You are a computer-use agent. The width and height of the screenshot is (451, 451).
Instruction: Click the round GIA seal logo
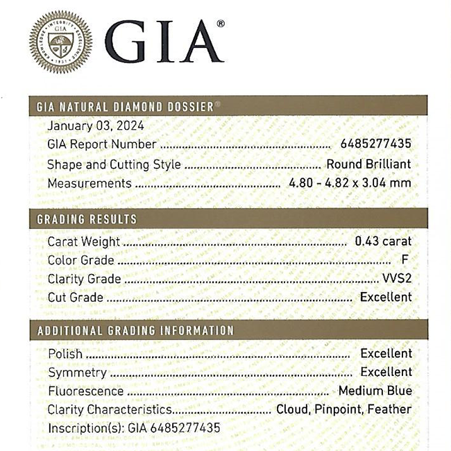pyautogui.click(x=61, y=40)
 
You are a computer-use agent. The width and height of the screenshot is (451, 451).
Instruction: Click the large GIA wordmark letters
pyautogui.click(x=166, y=42)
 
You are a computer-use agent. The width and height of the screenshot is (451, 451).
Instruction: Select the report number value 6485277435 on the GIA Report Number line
pyautogui.click(x=375, y=144)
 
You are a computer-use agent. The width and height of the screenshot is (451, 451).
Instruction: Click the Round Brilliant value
pyautogui.click(x=368, y=164)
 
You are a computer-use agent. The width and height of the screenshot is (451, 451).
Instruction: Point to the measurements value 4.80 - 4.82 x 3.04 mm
pyautogui.click(x=350, y=183)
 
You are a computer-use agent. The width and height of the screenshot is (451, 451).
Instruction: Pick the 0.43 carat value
pyautogui.click(x=382, y=241)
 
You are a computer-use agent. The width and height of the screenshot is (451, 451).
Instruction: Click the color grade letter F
pyautogui.click(x=405, y=261)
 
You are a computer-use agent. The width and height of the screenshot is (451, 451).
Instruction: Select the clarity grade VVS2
pyautogui.click(x=396, y=279)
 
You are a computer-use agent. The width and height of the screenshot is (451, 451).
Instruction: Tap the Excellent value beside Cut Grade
pyautogui.click(x=386, y=297)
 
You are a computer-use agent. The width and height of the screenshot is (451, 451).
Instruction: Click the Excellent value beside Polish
pyautogui.click(x=386, y=354)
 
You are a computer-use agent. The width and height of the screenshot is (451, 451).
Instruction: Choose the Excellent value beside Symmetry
pyautogui.click(x=386, y=373)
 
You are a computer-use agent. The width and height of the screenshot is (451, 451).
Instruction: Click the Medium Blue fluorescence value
pyautogui.click(x=375, y=391)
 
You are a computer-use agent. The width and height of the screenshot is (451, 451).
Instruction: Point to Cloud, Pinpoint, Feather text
pyautogui.click(x=343, y=409)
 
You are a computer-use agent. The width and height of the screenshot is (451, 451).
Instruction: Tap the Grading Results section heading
pyautogui.click(x=87, y=219)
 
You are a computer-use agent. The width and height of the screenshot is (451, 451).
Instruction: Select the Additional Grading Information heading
pyautogui.click(x=135, y=331)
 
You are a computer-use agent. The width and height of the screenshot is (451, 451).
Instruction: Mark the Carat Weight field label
pyautogui.click(x=83, y=241)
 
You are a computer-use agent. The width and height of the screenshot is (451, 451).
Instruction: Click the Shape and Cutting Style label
pyautogui.click(x=114, y=164)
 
